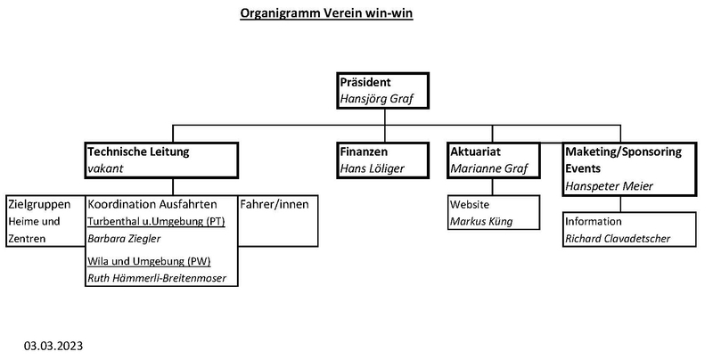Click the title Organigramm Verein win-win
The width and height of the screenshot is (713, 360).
(326, 13)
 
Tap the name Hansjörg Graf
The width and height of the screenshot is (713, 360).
(376, 99)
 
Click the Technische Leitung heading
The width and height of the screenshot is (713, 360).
(138, 151)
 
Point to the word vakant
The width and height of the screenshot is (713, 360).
(105, 168)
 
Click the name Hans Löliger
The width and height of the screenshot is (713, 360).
(372, 168)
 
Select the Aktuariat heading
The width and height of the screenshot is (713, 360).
(475, 151)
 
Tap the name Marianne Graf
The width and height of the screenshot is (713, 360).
(488, 168)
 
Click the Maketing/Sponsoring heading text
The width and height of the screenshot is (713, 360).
(623, 151)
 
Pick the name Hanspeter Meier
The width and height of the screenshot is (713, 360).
(610, 186)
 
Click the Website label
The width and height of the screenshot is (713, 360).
(470, 204)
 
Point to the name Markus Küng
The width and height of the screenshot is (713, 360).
(481, 221)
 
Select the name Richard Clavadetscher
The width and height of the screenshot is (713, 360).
(618, 239)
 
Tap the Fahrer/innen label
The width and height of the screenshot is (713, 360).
(275, 204)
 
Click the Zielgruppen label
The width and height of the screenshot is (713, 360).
(39, 205)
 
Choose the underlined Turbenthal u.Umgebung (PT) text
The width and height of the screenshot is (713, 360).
(157, 222)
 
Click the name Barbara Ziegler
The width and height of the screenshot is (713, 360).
(124, 239)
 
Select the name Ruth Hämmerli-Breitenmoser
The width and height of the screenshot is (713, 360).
(157, 278)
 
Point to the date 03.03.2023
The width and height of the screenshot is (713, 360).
(53, 346)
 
